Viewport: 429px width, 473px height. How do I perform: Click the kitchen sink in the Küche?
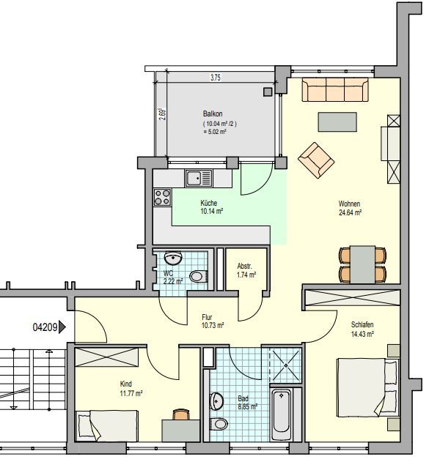click(199, 178)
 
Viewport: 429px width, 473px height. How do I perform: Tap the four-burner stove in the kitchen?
click(163, 197)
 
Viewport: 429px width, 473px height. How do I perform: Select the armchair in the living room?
click(316, 160)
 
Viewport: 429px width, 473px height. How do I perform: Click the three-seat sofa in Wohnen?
click(335, 89)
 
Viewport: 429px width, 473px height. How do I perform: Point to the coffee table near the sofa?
click(337, 122)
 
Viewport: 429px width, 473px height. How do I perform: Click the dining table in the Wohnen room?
click(362, 264)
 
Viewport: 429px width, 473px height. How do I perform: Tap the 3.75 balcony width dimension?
click(215, 78)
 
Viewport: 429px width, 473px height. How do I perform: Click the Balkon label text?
click(213, 113)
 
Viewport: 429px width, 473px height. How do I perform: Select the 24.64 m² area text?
click(350, 212)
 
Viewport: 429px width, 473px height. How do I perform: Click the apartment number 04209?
click(45, 327)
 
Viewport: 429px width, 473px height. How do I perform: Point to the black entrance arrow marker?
click(62, 327)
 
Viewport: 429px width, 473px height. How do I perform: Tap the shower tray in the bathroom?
click(285, 365)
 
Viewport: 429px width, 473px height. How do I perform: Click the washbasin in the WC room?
click(173, 257)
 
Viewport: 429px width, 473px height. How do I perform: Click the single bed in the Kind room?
click(106, 425)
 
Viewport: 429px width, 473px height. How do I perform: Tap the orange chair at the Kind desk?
click(181, 414)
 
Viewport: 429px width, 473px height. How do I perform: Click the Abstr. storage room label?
click(244, 267)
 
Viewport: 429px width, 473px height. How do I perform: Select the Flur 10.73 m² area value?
click(213, 326)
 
